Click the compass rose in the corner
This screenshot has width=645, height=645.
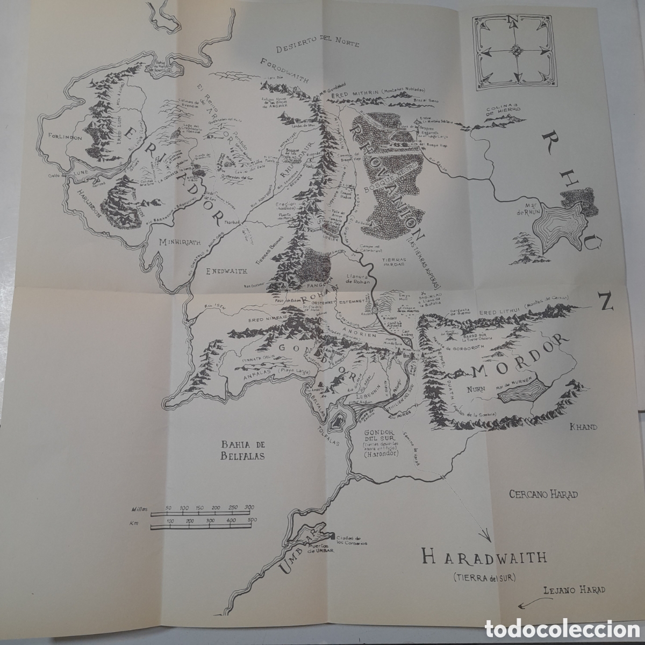click(517, 51)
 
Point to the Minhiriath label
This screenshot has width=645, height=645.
click(183, 242)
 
